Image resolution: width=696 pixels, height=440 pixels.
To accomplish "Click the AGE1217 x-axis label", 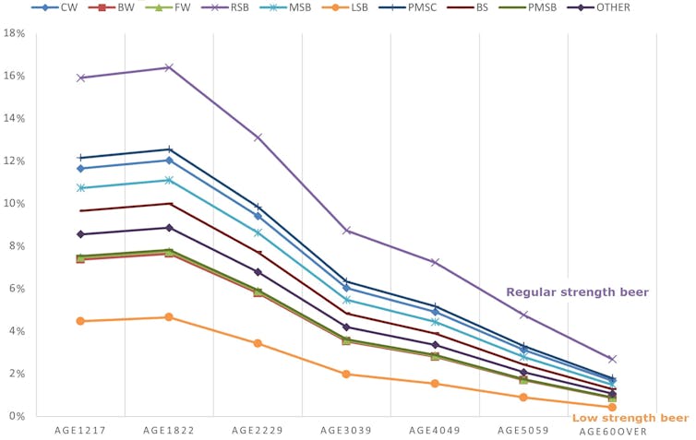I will point(80,431).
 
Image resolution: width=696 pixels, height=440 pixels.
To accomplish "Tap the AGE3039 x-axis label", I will point(346,431).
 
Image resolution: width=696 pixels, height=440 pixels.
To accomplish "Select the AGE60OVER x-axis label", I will point(612,431).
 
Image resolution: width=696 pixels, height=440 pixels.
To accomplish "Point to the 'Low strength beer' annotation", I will point(630,418).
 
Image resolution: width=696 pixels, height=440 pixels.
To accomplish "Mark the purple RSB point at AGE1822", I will point(169,67).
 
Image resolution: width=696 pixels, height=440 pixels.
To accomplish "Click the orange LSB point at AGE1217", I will point(80,321).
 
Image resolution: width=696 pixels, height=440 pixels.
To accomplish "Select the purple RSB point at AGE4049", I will point(435,263).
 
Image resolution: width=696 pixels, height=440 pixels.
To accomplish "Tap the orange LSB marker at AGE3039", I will point(346,375).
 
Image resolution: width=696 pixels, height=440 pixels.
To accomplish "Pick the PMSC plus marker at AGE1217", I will point(80,158).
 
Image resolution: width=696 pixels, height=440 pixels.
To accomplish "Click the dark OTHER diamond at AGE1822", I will point(169,228).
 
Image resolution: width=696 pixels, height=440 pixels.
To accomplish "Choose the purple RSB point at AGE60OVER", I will point(612,359).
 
